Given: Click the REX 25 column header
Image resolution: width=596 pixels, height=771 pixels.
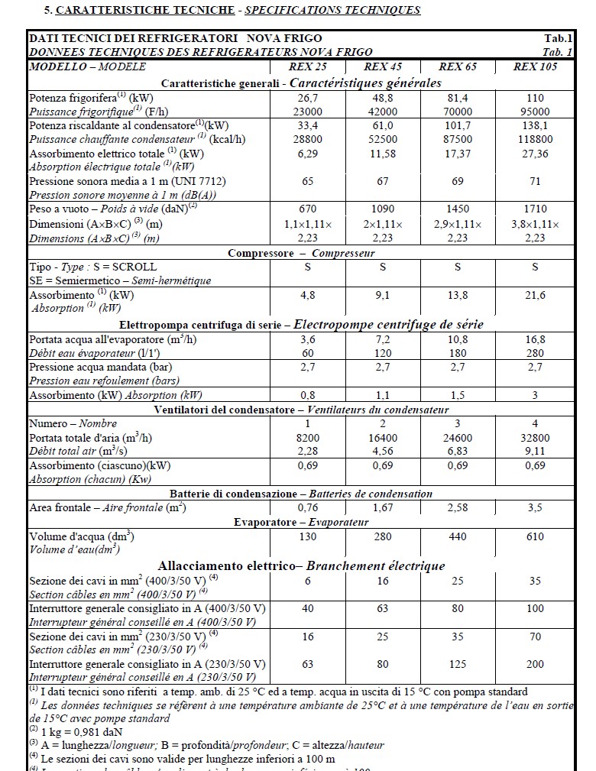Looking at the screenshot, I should tap(309, 66).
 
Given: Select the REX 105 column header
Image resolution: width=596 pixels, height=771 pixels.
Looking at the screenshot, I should tap(535, 66).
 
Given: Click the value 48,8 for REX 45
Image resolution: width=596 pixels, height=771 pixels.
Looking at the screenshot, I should tap(383, 98).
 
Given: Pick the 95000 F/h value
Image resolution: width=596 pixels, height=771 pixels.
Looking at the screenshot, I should tap(535, 111).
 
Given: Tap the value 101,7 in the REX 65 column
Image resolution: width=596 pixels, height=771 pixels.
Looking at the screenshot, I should tap(458, 125).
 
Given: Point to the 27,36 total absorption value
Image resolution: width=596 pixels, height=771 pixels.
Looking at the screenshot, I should tap(535, 153).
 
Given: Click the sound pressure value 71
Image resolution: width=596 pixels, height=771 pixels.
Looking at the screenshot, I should tap(535, 181).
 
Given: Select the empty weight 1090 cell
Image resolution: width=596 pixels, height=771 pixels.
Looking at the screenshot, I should tap(383, 209).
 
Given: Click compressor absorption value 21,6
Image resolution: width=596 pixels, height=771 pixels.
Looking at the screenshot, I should tap(535, 295).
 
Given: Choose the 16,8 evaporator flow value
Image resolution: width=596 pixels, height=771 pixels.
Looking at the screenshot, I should tap(535, 339).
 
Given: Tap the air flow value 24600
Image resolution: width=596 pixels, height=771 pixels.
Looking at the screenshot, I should tap(458, 438).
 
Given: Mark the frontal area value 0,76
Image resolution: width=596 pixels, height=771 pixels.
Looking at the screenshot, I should tap(309, 507).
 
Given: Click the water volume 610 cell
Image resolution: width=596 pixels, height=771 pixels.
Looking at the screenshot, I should tap(535, 536).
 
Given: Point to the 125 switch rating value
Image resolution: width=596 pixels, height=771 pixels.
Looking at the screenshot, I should tap(458, 664).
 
